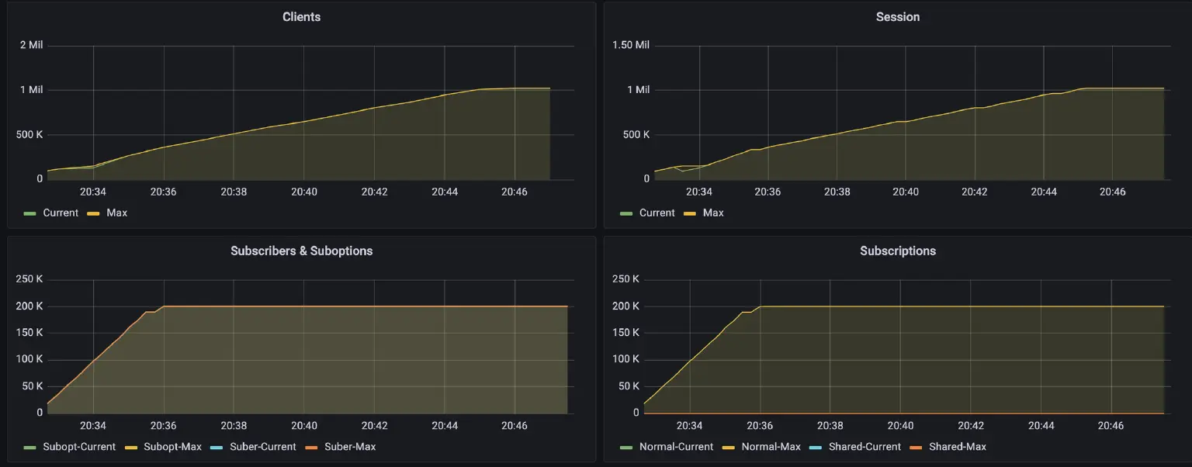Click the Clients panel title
pos(301,16)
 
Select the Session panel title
pos(897,16)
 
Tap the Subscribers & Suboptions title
pos(301,251)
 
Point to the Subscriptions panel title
pos(897,251)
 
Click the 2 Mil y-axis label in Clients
pos(31,45)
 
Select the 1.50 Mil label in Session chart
pos(630,45)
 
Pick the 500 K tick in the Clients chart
pos(29,134)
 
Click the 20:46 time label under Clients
pos(515,191)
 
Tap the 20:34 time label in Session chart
pos(698,191)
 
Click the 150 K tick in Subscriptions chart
pos(625,333)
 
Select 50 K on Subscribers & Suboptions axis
pos(32,386)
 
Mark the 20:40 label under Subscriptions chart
pos(900,425)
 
